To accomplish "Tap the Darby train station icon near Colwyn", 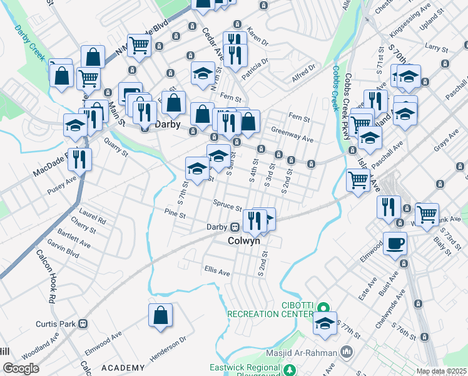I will tap(235, 227).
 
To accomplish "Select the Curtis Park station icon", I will tap(81, 324).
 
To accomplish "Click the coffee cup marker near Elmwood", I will tap(395, 243).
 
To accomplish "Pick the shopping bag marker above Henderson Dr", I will tap(160, 315).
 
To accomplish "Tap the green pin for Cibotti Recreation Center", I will tap(322, 307).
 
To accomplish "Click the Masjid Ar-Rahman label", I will tap(301, 353).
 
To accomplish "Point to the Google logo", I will tap(21, 368).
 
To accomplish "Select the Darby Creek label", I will tap(29, 42).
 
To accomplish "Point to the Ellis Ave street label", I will tap(217, 273).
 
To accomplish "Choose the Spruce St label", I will tap(227, 206).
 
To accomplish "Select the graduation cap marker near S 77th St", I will tap(325, 323).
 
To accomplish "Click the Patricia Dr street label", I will tap(256, 70).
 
